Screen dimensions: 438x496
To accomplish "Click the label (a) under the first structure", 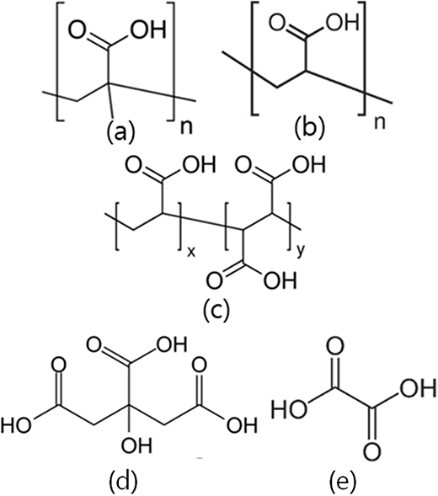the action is click(x=120, y=131).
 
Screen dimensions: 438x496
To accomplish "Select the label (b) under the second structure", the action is click(x=309, y=128).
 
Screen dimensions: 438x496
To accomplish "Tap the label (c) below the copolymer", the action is click(x=216, y=311).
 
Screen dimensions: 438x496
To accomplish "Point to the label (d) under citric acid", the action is click(x=124, y=480).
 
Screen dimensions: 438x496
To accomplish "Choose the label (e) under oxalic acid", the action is click(x=343, y=480).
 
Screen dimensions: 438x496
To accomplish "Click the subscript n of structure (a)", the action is click(x=186, y=127).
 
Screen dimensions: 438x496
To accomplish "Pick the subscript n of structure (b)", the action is click(x=380, y=123).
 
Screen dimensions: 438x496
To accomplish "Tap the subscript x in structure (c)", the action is click(x=191, y=252).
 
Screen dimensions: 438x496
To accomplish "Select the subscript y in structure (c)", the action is click(x=301, y=252).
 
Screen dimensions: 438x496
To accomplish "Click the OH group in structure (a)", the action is click(x=148, y=29).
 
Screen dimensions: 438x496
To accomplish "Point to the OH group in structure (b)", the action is click(x=343, y=22).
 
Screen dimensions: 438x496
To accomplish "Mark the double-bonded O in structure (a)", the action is click(x=79, y=29).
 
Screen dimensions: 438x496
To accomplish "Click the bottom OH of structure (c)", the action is click(x=280, y=280).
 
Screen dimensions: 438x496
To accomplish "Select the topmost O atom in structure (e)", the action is click(x=335, y=346).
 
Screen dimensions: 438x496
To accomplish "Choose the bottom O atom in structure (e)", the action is click(x=371, y=452).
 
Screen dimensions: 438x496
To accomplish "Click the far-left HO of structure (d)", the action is click(x=16, y=424).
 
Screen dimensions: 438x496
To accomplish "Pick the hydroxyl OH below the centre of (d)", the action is click(x=136, y=445).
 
